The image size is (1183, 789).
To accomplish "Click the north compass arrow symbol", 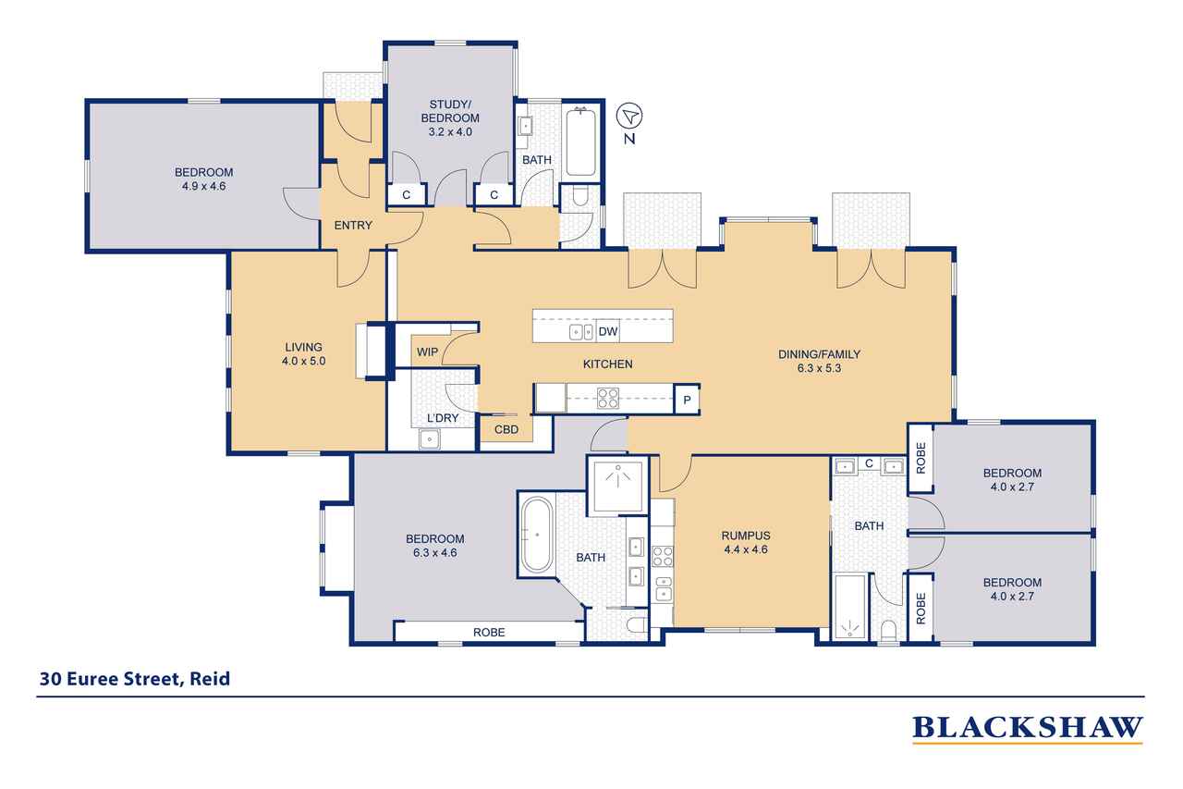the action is [629, 116].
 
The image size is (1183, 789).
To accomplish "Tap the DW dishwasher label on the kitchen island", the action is [608, 331].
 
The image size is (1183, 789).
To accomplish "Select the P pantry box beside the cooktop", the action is [687, 400].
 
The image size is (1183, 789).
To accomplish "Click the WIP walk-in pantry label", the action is [427, 352].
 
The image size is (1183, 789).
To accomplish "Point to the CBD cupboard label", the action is [506, 429].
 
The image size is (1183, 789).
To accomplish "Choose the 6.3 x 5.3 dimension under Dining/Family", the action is [819, 368].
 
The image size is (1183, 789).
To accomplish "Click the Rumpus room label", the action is [746, 536].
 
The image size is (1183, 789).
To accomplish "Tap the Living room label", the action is [304, 347].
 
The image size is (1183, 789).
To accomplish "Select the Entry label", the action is [353, 226].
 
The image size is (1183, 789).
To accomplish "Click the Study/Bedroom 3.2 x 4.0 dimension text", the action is [450, 132].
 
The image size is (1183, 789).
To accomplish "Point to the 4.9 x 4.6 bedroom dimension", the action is [204, 186].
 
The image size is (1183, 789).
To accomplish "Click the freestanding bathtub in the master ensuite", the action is [537, 535].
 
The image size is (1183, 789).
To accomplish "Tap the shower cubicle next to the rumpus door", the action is [618, 485].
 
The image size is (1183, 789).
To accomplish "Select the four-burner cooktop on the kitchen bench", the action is [608, 399].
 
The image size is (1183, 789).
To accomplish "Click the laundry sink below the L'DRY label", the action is [430, 439].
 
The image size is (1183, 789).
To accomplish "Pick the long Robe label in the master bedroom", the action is [489, 632].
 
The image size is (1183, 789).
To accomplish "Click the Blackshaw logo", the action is [1028, 729].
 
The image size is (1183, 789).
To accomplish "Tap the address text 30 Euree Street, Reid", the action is [135, 679].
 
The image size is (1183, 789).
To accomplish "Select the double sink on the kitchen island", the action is [581, 332].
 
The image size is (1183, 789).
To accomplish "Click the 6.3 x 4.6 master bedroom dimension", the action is [435, 553].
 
